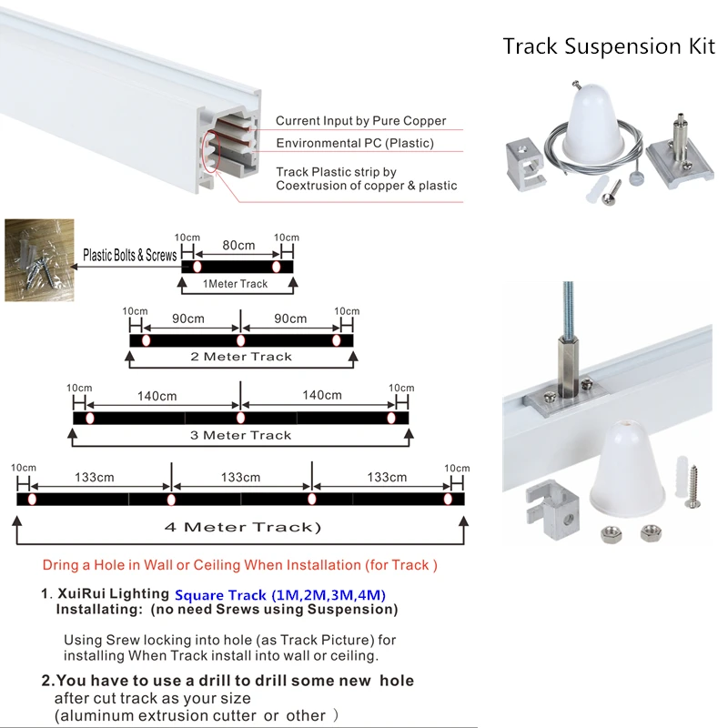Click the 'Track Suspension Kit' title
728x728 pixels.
pyautogui.click(x=609, y=46)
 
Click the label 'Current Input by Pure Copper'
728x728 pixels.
pyautogui.click(x=360, y=121)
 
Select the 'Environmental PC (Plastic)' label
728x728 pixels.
pyautogui.click(x=355, y=143)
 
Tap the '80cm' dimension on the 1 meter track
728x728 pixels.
pyautogui.click(x=238, y=245)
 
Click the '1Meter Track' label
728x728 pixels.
pyautogui.click(x=235, y=284)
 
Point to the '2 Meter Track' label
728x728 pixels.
pyautogui.click(x=241, y=357)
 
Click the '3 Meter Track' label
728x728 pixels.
pyautogui.click(x=240, y=435)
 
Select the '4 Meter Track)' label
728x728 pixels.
pyautogui.click(x=242, y=527)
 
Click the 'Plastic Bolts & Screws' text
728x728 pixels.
pyautogui.click(x=130, y=256)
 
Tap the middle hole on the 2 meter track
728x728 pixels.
pyautogui.click(x=240, y=340)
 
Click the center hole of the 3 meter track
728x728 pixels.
pyautogui.click(x=240, y=418)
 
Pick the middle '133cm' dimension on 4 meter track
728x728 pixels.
pyautogui.click(x=240, y=477)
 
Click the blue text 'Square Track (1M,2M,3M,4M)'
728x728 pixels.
pyautogui.click(x=280, y=595)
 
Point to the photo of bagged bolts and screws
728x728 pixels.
pyautogui.click(x=36, y=258)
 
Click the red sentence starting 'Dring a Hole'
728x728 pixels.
pyautogui.click(x=240, y=565)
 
